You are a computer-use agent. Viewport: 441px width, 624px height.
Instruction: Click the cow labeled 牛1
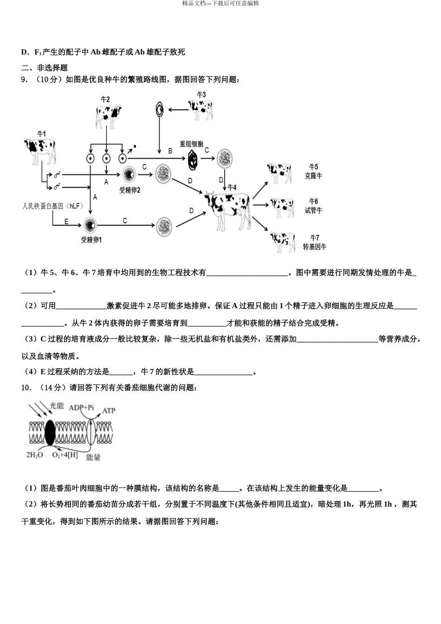(x=40, y=150)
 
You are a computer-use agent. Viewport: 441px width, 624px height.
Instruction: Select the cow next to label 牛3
(x=201, y=110)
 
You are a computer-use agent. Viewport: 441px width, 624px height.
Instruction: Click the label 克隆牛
(x=313, y=176)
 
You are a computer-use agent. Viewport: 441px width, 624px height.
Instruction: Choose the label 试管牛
(x=313, y=210)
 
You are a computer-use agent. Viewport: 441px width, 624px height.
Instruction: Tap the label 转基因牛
(x=314, y=247)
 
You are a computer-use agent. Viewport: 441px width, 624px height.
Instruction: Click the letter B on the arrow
(x=170, y=151)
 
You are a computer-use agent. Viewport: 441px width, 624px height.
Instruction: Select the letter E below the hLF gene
(x=66, y=222)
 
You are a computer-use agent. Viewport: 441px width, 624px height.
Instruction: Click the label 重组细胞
(x=191, y=144)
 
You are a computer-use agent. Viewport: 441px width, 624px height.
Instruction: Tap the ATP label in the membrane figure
(x=109, y=410)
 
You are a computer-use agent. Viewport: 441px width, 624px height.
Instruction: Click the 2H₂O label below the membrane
(x=34, y=455)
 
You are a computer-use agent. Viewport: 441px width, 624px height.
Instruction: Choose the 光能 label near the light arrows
(x=57, y=405)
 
